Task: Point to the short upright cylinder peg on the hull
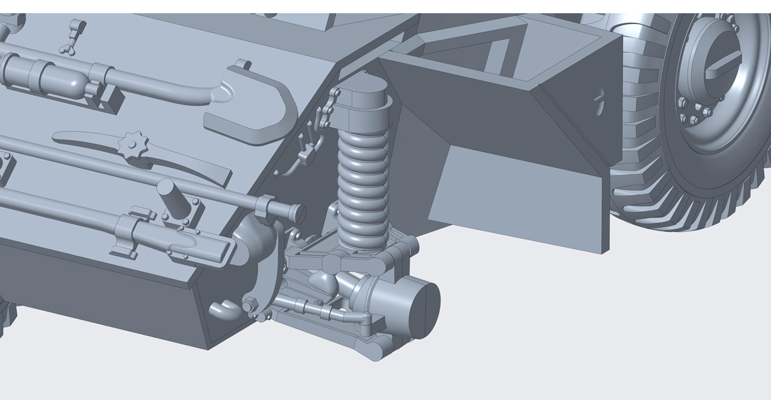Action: point(168,197)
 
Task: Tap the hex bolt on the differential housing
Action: point(250,304)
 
